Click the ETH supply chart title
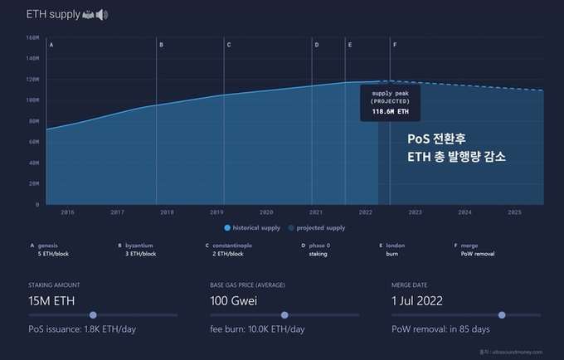coord(52,15)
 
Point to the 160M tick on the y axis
coord(32,37)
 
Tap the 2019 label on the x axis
coord(216,212)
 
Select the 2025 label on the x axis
coord(513,212)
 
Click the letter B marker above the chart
coord(161,44)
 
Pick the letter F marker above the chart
coord(395,44)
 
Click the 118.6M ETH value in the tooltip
coord(389,110)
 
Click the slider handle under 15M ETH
coord(93,315)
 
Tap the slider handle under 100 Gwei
coord(284,315)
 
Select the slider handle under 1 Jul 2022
coord(502,315)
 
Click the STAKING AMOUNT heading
coord(54,285)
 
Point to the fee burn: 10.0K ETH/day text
coord(257,329)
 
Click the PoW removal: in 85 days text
coord(439,329)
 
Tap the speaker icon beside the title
coord(102,15)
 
